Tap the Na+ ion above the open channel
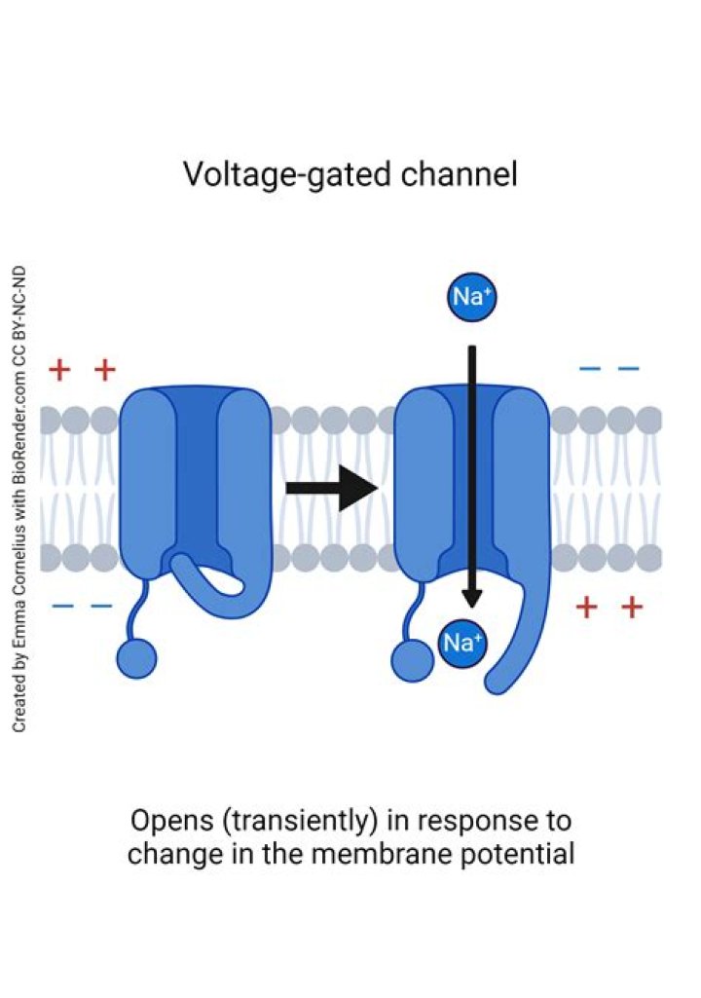[471, 297]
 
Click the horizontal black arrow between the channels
[331, 488]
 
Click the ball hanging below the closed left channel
[136, 659]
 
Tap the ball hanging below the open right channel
[412, 661]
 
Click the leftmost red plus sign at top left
[59, 370]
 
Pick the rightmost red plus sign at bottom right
[632, 608]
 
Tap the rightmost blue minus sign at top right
[629, 369]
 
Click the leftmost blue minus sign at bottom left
[61, 607]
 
